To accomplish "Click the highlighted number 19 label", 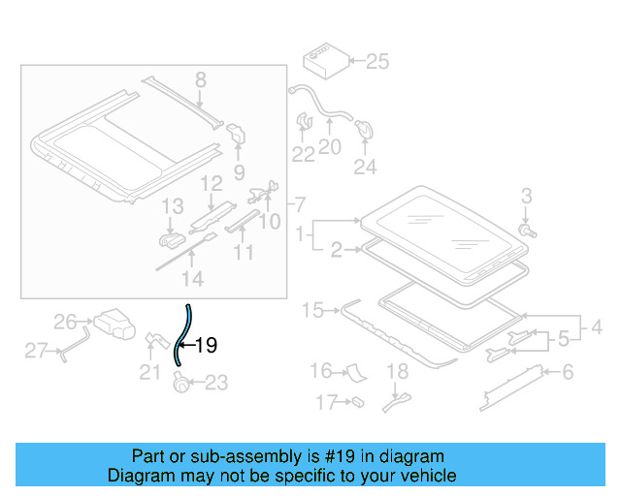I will coord(207,344).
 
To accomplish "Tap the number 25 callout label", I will coord(376,62).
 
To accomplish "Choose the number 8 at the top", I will coord(201,79).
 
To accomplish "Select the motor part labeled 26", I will coord(114,324).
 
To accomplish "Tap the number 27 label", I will coord(36,351).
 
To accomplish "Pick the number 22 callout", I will coord(304,154).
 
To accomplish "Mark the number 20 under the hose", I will coord(330,147).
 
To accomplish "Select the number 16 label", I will coord(320,370).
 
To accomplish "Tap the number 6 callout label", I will coord(568,371).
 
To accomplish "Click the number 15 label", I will coord(312,310).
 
